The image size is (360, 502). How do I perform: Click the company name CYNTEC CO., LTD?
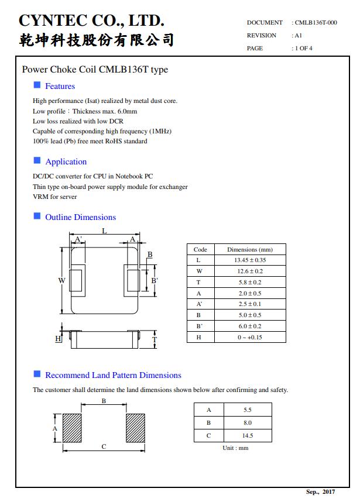(91, 20)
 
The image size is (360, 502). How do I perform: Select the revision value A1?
(298, 35)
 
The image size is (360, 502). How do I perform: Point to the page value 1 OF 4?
(304, 48)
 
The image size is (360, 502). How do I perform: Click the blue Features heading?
(60, 86)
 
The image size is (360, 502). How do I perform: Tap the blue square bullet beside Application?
(37, 161)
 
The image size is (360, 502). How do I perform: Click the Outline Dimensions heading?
(80, 217)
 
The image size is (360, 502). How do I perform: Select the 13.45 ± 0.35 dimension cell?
(250, 260)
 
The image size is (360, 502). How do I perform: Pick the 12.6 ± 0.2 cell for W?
(250, 271)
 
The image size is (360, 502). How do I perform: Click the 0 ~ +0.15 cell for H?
(250, 337)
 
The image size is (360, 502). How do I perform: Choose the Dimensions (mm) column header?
(250, 249)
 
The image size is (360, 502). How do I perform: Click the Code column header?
(200, 249)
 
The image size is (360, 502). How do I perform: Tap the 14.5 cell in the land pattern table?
(247, 435)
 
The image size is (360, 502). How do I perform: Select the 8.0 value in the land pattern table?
(247, 422)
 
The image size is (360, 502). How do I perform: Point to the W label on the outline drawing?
(61, 280)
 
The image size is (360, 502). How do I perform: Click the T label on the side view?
(154, 339)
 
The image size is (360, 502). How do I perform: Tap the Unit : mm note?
(235, 448)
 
